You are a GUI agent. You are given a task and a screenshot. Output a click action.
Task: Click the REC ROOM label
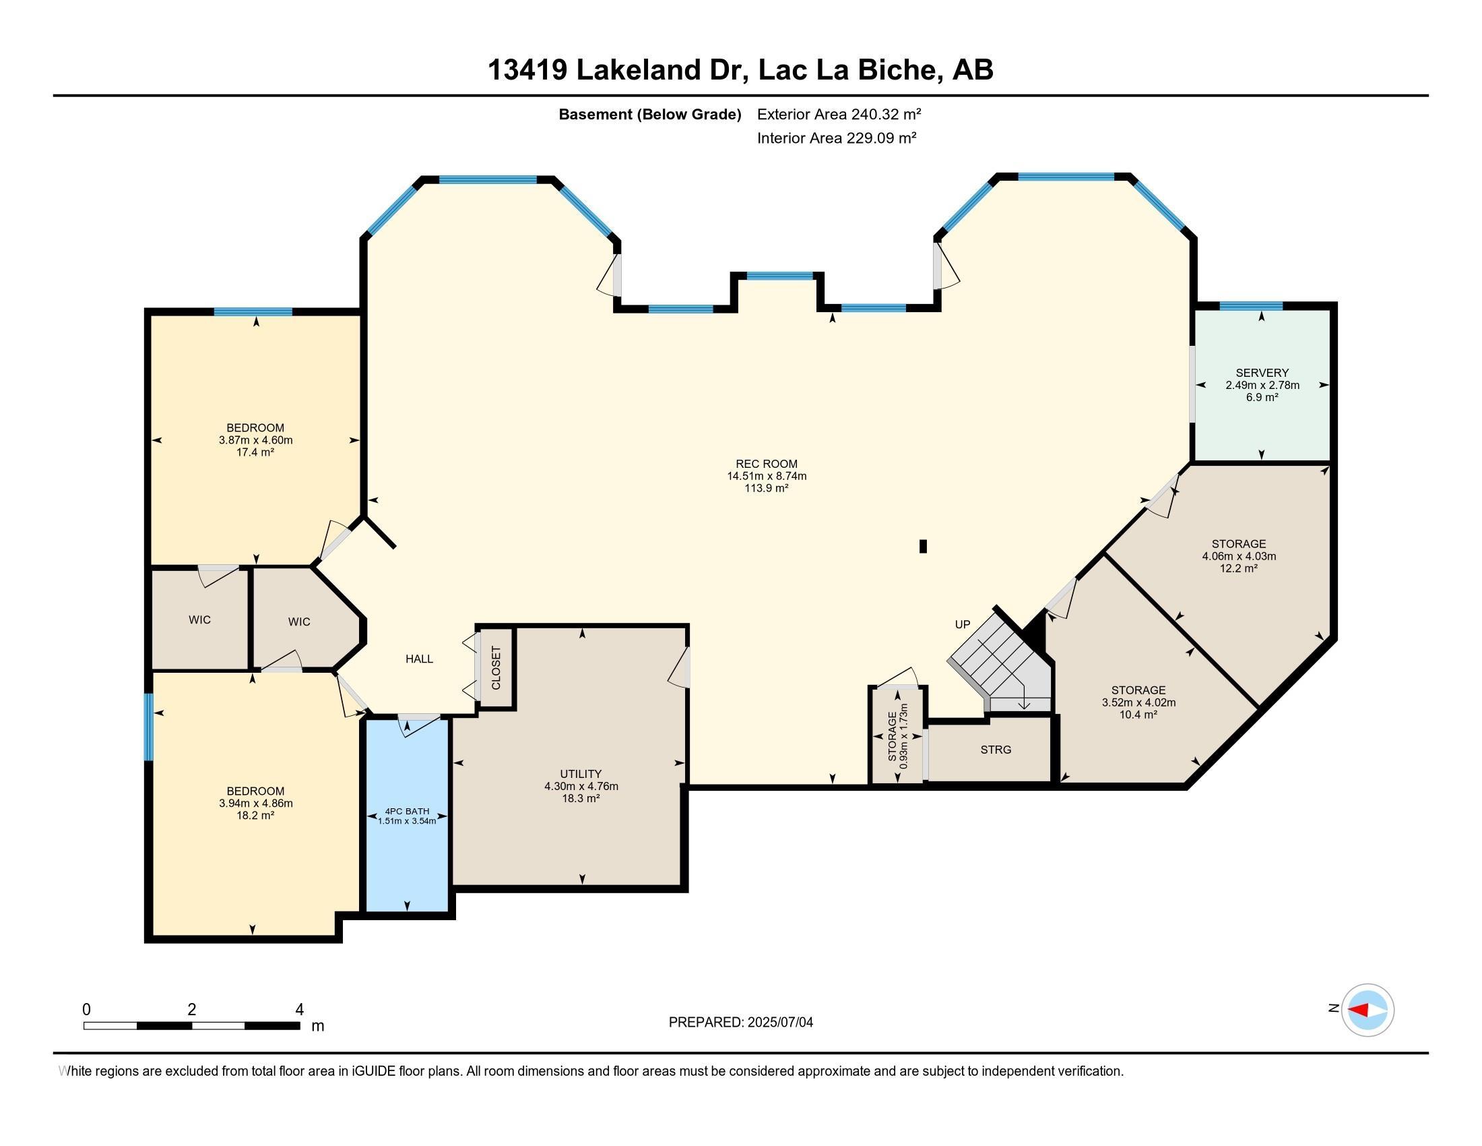(x=766, y=464)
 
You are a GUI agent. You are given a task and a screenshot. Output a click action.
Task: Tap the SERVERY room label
(x=1262, y=373)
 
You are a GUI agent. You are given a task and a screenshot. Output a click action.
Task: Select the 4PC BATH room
(x=407, y=815)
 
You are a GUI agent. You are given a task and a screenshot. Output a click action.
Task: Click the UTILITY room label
(x=581, y=774)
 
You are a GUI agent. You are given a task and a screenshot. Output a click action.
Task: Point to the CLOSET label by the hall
(x=496, y=668)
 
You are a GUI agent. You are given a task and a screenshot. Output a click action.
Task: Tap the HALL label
(x=419, y=659)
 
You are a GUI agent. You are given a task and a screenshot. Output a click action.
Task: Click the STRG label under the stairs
(x=996, y=750)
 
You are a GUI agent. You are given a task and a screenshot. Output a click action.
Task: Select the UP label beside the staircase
(x=962, y=625)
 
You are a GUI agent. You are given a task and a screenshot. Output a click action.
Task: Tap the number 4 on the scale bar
(x=299, y=1010)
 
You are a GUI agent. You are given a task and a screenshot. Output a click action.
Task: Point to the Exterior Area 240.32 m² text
(x=839, y=114)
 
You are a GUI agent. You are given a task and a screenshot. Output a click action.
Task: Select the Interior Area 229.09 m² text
(x=836, y=138)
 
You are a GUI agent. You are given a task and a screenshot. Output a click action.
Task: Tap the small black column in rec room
(x=923, y=546)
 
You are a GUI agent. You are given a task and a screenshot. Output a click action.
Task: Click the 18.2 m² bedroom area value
(x=255, y=816)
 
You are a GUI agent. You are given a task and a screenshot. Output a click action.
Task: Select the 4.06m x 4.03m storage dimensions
(x=1238, y=556)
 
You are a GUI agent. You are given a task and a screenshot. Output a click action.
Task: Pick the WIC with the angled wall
(x=299, y=622)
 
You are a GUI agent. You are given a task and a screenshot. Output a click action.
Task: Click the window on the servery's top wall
(x=1251, y=306)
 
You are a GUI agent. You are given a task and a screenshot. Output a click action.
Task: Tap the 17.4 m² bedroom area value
(x=255, y=452)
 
